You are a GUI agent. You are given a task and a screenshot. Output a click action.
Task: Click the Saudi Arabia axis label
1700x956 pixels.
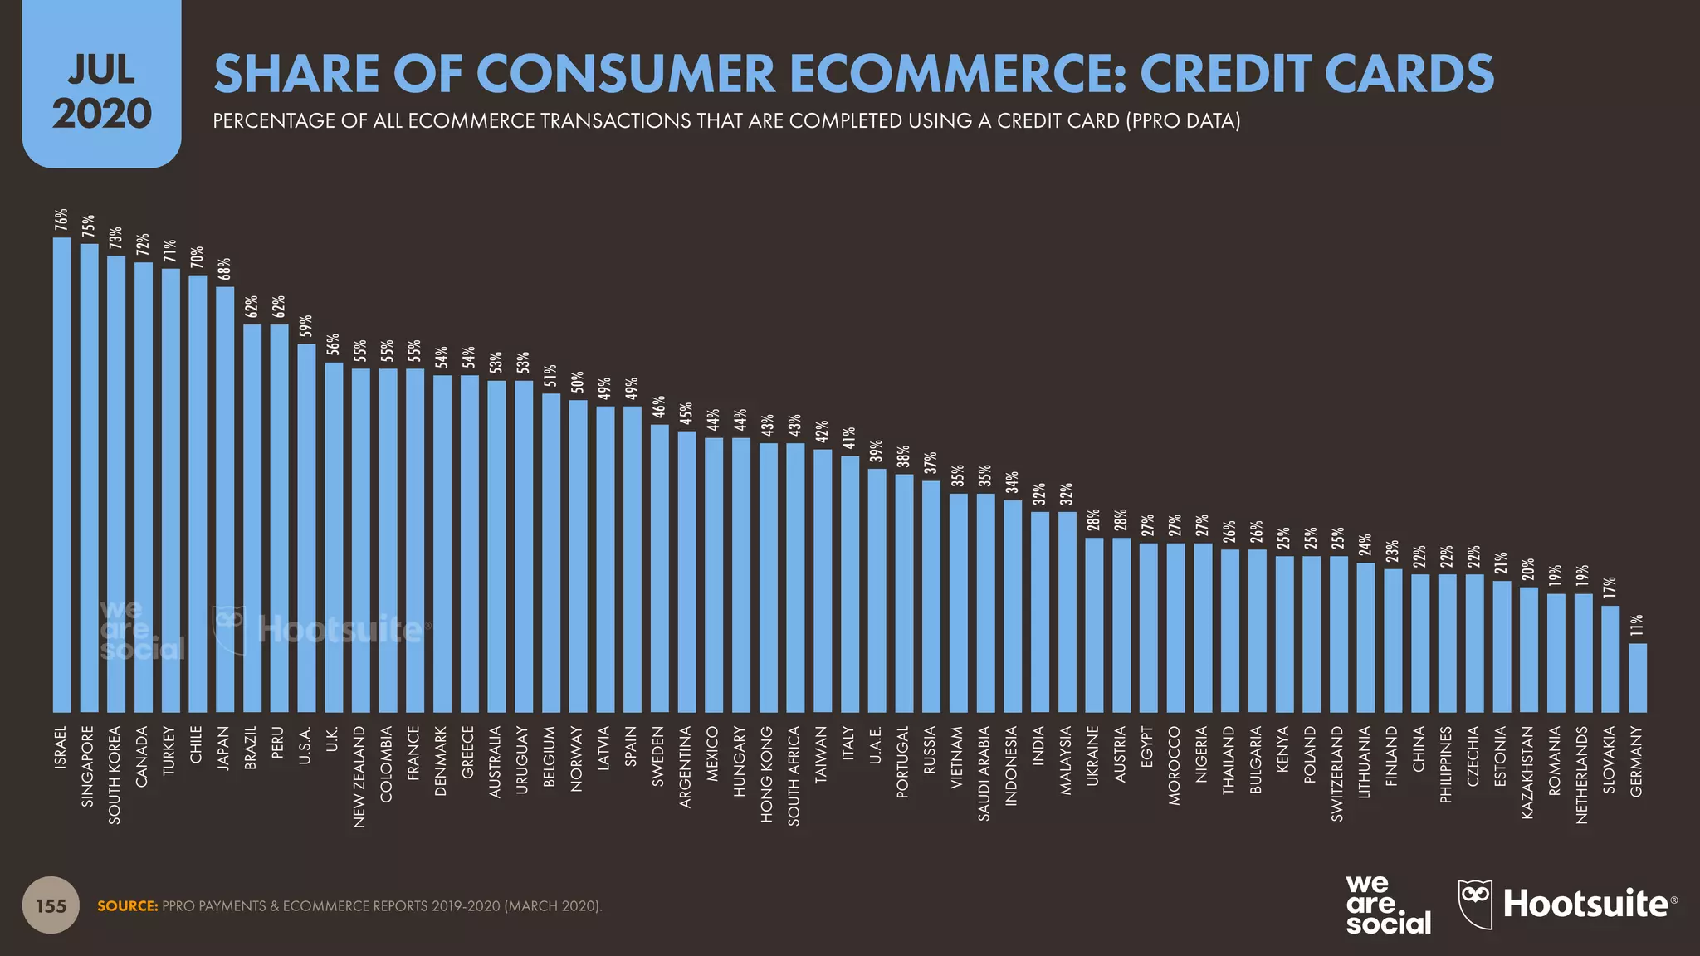click(985, 773)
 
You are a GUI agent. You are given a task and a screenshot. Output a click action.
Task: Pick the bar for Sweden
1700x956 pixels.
click(660, 568)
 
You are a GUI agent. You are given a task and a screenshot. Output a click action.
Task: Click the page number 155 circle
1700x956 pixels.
click(51, 905)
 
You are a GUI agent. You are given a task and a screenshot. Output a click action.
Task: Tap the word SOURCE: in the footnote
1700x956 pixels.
click(127, 906)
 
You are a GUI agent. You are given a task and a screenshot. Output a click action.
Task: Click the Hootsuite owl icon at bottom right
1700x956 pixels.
click(1475, 903)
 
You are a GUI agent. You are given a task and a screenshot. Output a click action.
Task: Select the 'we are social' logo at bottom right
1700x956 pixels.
click(1387, 905)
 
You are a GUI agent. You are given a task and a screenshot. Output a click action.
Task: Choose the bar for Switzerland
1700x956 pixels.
click(1338, 634)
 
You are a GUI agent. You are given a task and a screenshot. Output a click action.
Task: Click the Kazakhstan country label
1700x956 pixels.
click(1528, 773)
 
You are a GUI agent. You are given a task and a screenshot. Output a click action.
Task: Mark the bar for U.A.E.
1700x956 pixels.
click(877, 590)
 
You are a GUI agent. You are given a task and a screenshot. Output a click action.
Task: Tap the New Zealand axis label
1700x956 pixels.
click(360, 776)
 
